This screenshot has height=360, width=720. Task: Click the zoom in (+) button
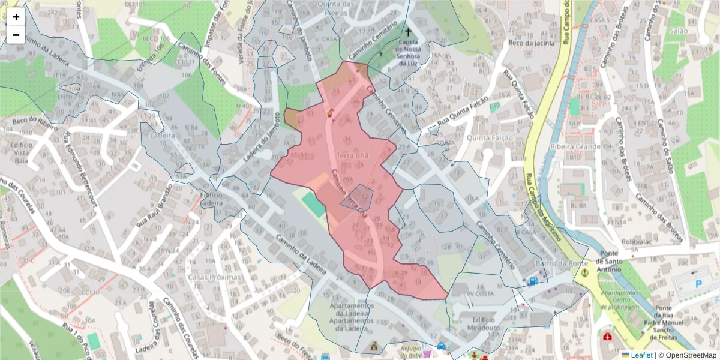click(x=16, y=17)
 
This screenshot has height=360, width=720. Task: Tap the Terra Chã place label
click(x=352, y=156)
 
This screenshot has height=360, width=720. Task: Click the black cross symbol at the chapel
click(x=408, y=32)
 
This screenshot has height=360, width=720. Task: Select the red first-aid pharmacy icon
click(x=608, y=337)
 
